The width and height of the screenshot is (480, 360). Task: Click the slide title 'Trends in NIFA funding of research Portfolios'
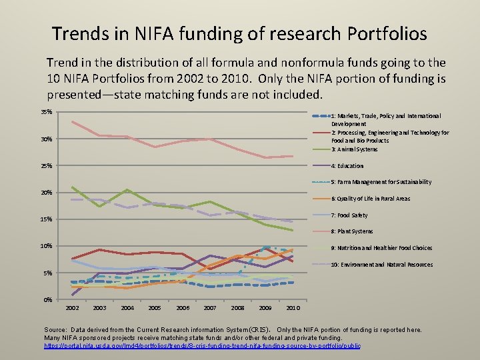point(239,33)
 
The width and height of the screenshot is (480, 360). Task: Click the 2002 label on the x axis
point(73,308)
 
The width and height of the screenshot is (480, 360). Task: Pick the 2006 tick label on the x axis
point(183,308)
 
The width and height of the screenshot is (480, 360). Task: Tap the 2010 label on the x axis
point(293,308)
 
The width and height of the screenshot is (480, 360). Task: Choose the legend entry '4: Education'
point(347,166)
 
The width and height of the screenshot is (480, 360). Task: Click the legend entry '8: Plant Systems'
point(352,231)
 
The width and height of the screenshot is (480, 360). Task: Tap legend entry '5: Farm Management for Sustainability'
point(381,182)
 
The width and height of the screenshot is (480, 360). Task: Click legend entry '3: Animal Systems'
point(354,149)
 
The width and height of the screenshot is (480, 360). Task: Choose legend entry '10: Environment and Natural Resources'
point(381,265)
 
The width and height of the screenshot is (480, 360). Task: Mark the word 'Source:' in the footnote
point(55,330)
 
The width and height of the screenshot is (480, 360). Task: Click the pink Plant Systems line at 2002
point(72,121)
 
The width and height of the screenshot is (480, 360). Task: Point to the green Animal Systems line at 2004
point(127,191)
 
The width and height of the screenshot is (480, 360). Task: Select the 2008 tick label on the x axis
point(238,308)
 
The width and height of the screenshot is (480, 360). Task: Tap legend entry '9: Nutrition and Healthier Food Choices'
point(381,248)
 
